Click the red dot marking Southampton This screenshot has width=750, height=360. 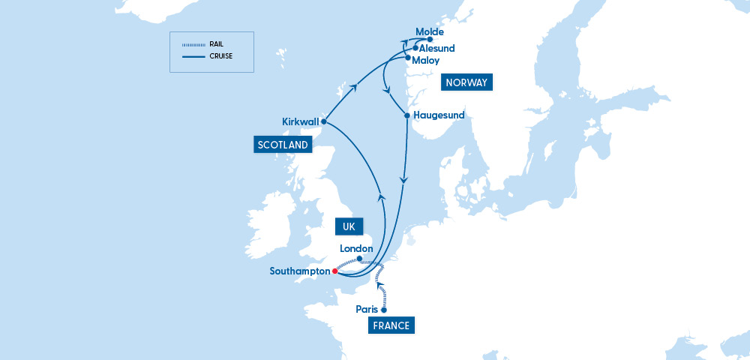click(335, 271)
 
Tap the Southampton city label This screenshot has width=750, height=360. click(300, 271)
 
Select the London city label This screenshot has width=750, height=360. click(357, 248)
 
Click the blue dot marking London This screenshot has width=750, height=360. click(360, 259)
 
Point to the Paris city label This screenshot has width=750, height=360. click(367, 309)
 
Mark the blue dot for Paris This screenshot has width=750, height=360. click(385, 310)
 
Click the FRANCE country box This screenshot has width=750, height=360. click(391, 325)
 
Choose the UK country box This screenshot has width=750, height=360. click(349, 226)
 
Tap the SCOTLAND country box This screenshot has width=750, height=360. click(283, 145)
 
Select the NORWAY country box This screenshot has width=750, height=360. click(466, 82)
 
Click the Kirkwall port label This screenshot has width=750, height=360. click(300, 121)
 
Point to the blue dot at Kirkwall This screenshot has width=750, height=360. click(324, 121)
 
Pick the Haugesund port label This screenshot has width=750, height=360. click(439, 115)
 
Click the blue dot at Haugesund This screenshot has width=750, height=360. click(407, 116)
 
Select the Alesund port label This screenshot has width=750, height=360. click(437, 48)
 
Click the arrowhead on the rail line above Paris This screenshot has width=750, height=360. click(379, 284)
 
